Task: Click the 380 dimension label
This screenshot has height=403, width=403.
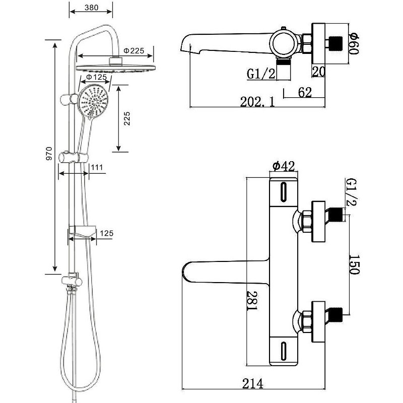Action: click(91, 8)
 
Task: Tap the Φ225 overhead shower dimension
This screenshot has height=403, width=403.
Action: click(134, 50)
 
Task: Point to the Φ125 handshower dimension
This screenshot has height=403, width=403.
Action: click(96, 78)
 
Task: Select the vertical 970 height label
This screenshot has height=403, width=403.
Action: click(49, 153)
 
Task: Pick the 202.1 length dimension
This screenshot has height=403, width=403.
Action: click(257, 102)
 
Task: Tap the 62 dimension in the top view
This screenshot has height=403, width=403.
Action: click(305, 92)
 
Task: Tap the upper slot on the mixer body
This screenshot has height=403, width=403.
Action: click(283, 192)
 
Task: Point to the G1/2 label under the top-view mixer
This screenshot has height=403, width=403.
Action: click(261, 75)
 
